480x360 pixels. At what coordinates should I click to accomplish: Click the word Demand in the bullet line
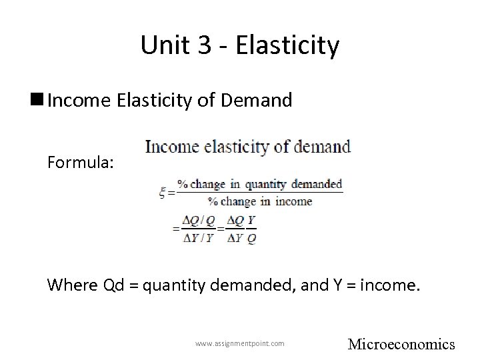point(257,101)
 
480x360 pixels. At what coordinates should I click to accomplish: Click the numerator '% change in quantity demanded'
point(265,184)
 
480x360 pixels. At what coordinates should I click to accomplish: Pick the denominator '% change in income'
point(259,201)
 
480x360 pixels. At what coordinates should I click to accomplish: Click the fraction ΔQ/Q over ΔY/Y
point(199,229)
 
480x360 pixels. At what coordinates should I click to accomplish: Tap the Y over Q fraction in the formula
point(251,229)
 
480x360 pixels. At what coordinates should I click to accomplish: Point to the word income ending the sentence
point(389,286)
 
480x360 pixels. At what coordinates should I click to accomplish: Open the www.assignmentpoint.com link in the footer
point(240,343)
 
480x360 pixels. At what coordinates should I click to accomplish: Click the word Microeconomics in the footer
point(402,344)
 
